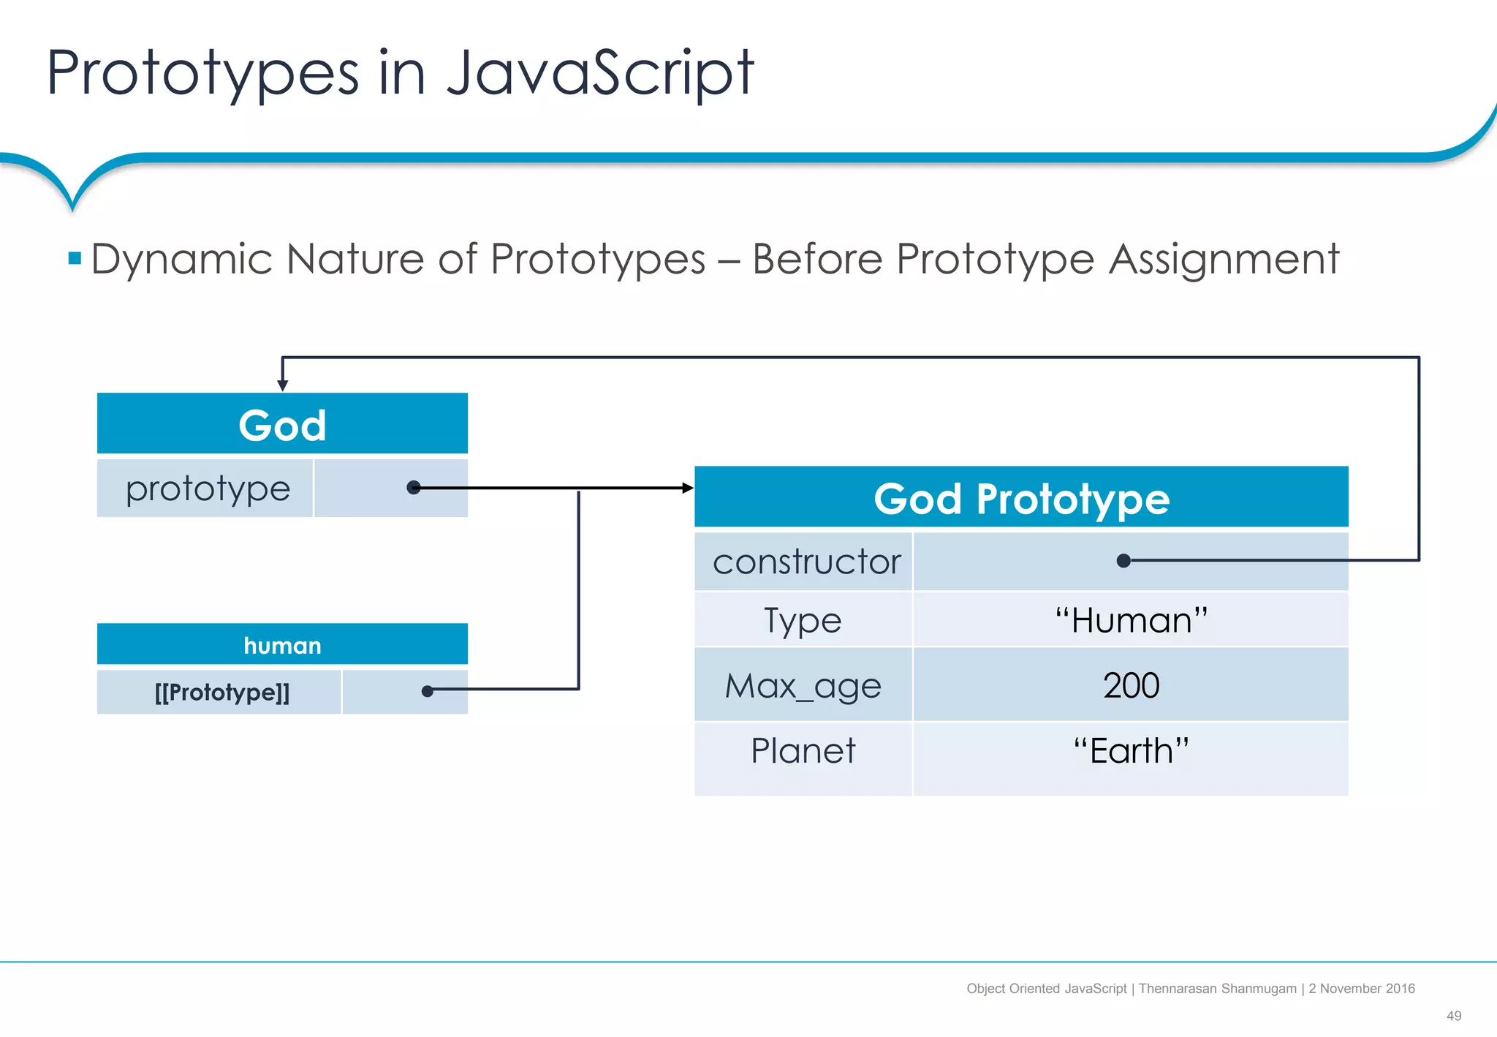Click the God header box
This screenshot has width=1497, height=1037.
282,424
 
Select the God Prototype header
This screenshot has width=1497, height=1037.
1021,498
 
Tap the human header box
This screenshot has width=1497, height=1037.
282,645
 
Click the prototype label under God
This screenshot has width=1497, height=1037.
208,489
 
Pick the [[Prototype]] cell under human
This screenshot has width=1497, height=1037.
221,692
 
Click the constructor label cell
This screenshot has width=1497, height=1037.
806,562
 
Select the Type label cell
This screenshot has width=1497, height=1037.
803,620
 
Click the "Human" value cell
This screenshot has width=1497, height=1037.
1130,620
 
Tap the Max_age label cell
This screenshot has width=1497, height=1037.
803,685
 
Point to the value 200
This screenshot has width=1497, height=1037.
1131,685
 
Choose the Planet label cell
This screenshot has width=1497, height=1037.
803,751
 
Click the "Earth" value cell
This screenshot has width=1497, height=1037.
1130,751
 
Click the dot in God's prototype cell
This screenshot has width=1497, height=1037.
414,488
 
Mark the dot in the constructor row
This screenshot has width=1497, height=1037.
1124,561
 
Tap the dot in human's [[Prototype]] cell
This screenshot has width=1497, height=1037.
428,690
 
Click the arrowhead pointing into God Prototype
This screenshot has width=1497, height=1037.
688,488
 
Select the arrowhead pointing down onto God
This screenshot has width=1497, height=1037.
283,385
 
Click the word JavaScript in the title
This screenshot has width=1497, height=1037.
599,73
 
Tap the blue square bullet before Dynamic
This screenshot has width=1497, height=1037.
75,258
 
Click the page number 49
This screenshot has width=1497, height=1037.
1453,1016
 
